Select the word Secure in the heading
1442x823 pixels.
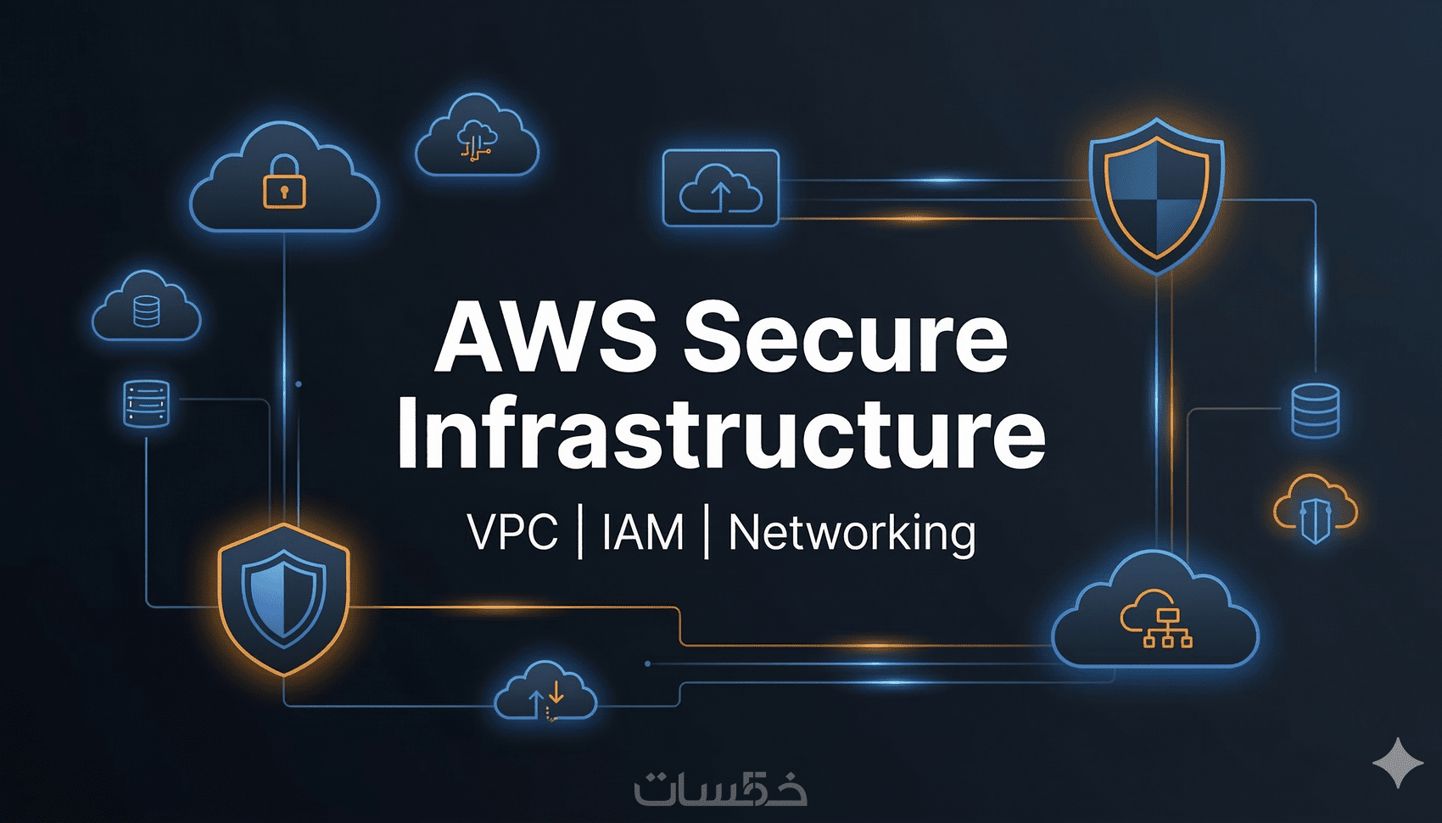point(846,338)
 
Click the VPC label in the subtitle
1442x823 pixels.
point(512,533)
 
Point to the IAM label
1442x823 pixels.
point(643,533)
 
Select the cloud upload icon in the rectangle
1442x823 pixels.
point(720,188)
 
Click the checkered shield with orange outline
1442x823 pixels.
point(1156,196)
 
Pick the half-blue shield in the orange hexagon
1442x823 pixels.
point(283,597)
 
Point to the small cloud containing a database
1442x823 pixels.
point(146,309)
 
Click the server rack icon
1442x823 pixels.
point(147,404)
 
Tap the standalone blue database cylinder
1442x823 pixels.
point(1315,410)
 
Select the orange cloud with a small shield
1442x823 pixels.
point(1315,509)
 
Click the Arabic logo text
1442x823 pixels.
point(720,787)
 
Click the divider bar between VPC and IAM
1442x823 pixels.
point(580,532)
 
